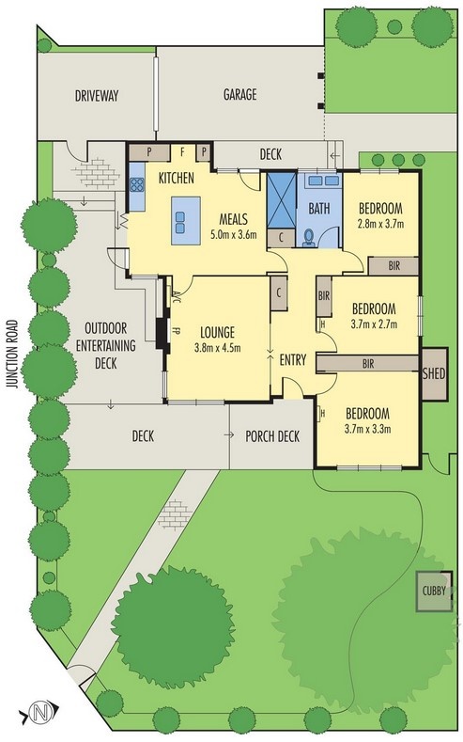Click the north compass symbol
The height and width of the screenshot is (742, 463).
pos(39,711)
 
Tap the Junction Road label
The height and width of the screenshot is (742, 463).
pos(13,355)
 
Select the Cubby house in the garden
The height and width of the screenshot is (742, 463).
pos(434,591)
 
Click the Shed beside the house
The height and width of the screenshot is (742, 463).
pos(434,373)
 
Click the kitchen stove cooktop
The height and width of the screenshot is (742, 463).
pos(137,184)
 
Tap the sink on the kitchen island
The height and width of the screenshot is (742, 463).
pos(179,222)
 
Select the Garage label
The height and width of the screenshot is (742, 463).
pos(240,95)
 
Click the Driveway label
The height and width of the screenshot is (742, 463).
pos(97,96)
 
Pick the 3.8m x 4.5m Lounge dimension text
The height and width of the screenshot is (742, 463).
pos(217,348)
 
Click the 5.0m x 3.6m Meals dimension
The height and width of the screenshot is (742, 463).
pos(234,234)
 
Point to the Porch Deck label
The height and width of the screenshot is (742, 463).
pos(272,436)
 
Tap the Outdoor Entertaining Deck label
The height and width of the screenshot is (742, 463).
pos(106,345)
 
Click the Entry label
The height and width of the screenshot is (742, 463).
pos(293,360)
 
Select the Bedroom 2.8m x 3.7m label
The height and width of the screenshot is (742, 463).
pos(380,215)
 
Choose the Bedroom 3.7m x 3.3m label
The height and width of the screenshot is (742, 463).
pos(367,420)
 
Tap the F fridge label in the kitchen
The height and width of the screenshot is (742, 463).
pos(182,152)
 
